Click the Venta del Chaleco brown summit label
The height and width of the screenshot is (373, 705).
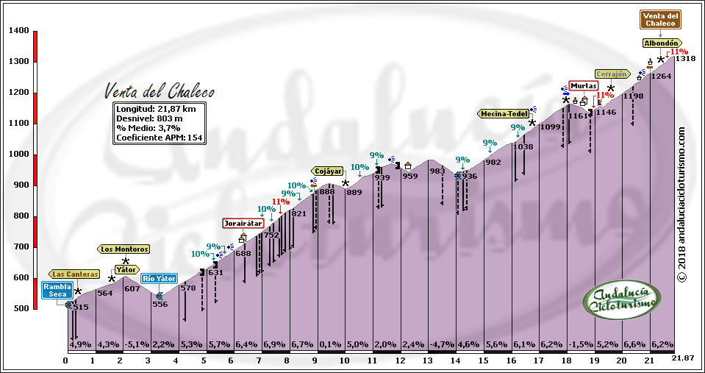(660, 19)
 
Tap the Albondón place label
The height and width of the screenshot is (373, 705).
(660, 43)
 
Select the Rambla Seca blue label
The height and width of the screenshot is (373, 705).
(57, 290)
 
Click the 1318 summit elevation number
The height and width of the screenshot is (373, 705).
(684, 59)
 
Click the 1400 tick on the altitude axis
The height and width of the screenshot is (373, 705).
(20, 31)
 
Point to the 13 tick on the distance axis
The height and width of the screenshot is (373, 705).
(428, 360)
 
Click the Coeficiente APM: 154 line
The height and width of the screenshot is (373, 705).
(160, 138)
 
